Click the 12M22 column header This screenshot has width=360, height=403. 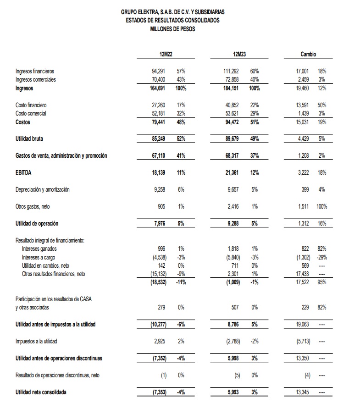[x=165, y=55]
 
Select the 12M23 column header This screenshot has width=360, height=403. [x=239, y=55]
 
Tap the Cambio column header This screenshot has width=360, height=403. [x=308, y=55]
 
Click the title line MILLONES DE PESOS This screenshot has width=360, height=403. [x=172, y=28]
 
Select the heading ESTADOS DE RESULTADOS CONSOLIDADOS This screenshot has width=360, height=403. [x=172, y=20]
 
